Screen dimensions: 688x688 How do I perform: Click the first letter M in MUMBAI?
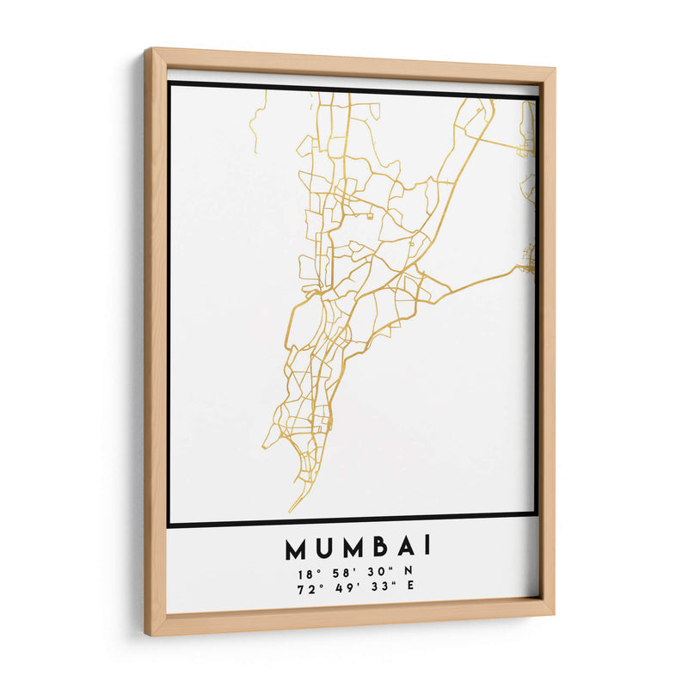[x=296, y=548]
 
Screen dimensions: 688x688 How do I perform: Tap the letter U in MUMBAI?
[x=323, y=548]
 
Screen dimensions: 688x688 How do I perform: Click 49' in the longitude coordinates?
[x=344, y=588]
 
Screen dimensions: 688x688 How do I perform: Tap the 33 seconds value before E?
[x=378, y=587]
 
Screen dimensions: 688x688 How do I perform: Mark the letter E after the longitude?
[x=409, y=587]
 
